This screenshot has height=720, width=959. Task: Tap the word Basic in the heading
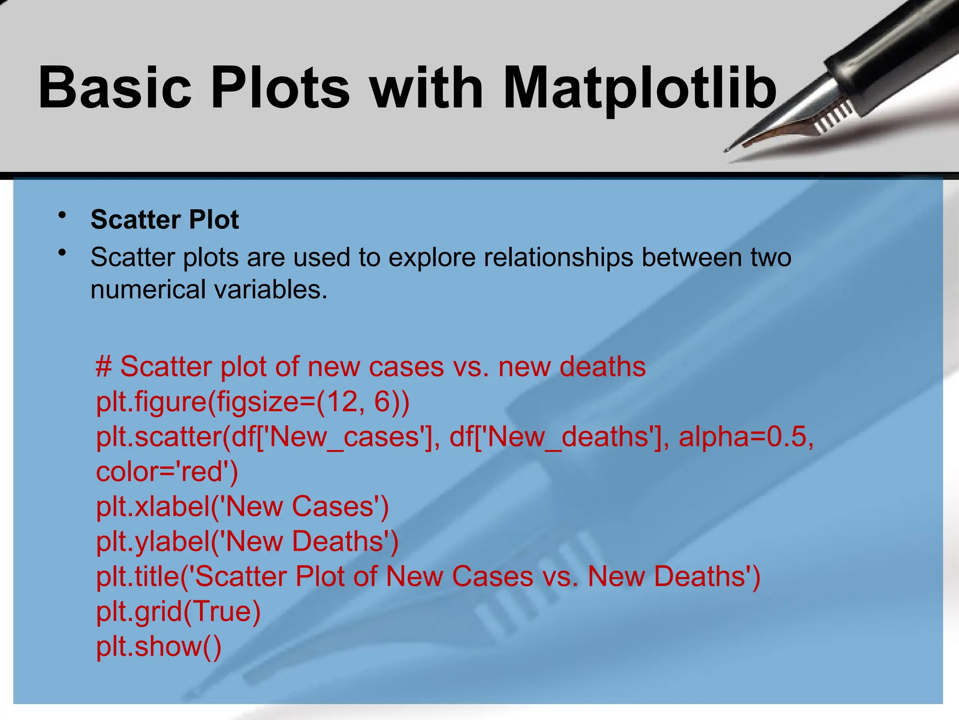tap(115, 88)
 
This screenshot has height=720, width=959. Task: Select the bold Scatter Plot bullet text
tap(165, 219)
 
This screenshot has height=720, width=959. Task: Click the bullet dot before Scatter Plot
tap(62, 216)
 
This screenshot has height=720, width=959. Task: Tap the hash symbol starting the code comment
tap(103, 367)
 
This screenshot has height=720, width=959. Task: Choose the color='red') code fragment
tap(167, 472)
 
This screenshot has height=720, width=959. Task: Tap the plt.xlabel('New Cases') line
tap(242, 507)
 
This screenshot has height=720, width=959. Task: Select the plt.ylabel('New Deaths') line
tap(247, 541)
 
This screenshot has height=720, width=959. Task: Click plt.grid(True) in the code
tap(178, 611)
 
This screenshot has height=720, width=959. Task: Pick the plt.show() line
tap(158, 646)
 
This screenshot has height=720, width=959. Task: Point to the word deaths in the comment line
tap(602, 367)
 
